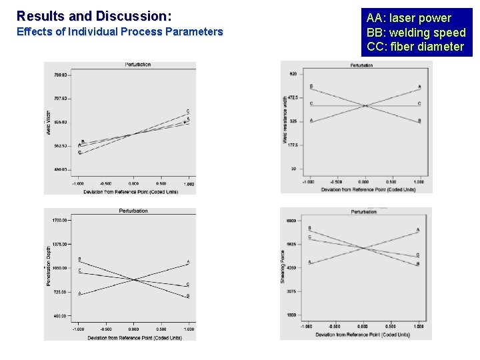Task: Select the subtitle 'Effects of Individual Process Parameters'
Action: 119,31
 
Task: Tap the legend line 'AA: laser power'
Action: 409,18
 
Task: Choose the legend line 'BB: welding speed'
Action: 416,33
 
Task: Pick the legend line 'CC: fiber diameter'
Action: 415,47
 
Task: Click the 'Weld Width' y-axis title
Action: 48,123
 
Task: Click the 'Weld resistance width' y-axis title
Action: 285,120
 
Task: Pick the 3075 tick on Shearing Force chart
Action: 291,291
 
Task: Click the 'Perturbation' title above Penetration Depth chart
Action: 133,211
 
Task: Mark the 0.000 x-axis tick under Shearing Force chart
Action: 363,327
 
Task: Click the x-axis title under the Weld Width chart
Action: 133,191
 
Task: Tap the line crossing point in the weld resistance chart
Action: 365,105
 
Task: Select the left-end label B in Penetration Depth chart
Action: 79,259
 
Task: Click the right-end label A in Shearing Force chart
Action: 418,231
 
